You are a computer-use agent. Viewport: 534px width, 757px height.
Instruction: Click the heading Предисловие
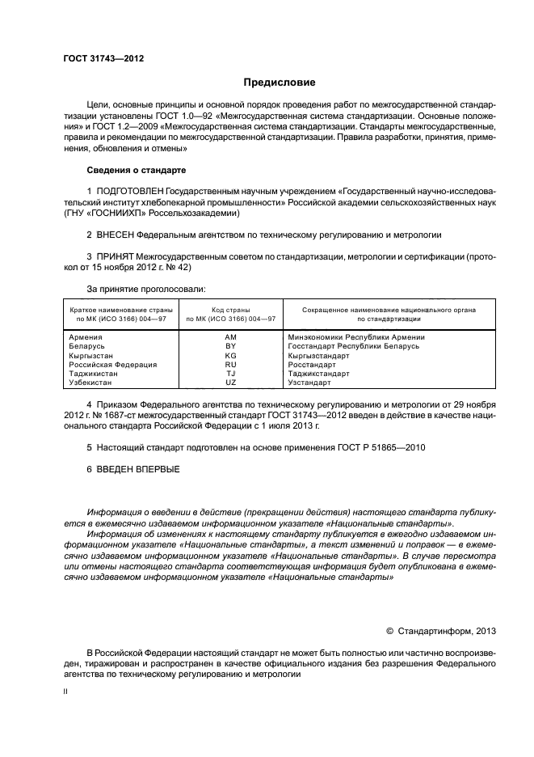(280, 82)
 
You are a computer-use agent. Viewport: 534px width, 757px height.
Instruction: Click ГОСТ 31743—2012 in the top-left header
(98, 58)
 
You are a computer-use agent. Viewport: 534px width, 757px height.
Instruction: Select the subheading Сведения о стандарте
(136, 171)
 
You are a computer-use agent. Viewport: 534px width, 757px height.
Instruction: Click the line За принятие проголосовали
(145, 288)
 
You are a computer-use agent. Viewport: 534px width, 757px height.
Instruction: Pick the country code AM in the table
(230, 336)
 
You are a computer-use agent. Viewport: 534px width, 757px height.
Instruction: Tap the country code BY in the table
(230, 345)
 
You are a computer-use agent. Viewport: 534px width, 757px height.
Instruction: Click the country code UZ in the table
(230, 382)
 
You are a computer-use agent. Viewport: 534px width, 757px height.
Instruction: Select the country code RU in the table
(230, 364)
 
